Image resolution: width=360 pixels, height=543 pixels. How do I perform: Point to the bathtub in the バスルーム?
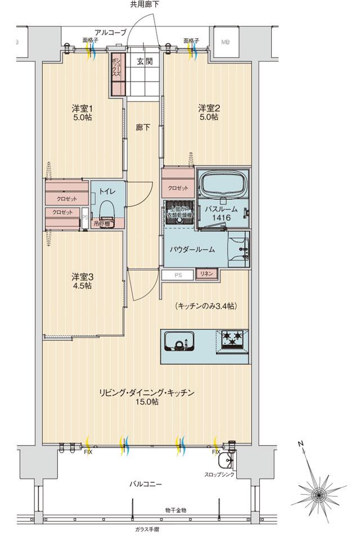point(223,183)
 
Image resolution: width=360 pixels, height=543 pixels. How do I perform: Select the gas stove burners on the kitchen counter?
point(232,339)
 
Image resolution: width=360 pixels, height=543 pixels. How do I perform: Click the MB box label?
point(226,41)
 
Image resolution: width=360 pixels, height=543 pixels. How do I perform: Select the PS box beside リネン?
point(178,275)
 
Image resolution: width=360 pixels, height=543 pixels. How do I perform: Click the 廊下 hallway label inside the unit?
point(143,128)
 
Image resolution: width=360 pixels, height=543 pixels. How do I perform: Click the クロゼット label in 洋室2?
point(178,188)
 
